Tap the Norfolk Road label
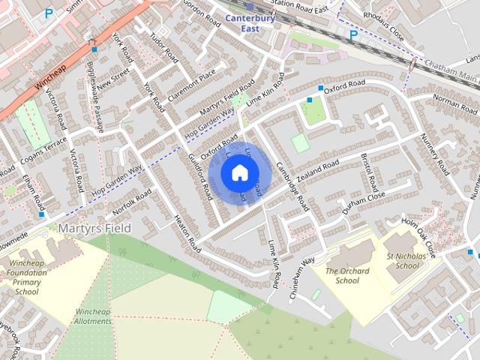[134, 200]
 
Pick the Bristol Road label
[368, 169]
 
